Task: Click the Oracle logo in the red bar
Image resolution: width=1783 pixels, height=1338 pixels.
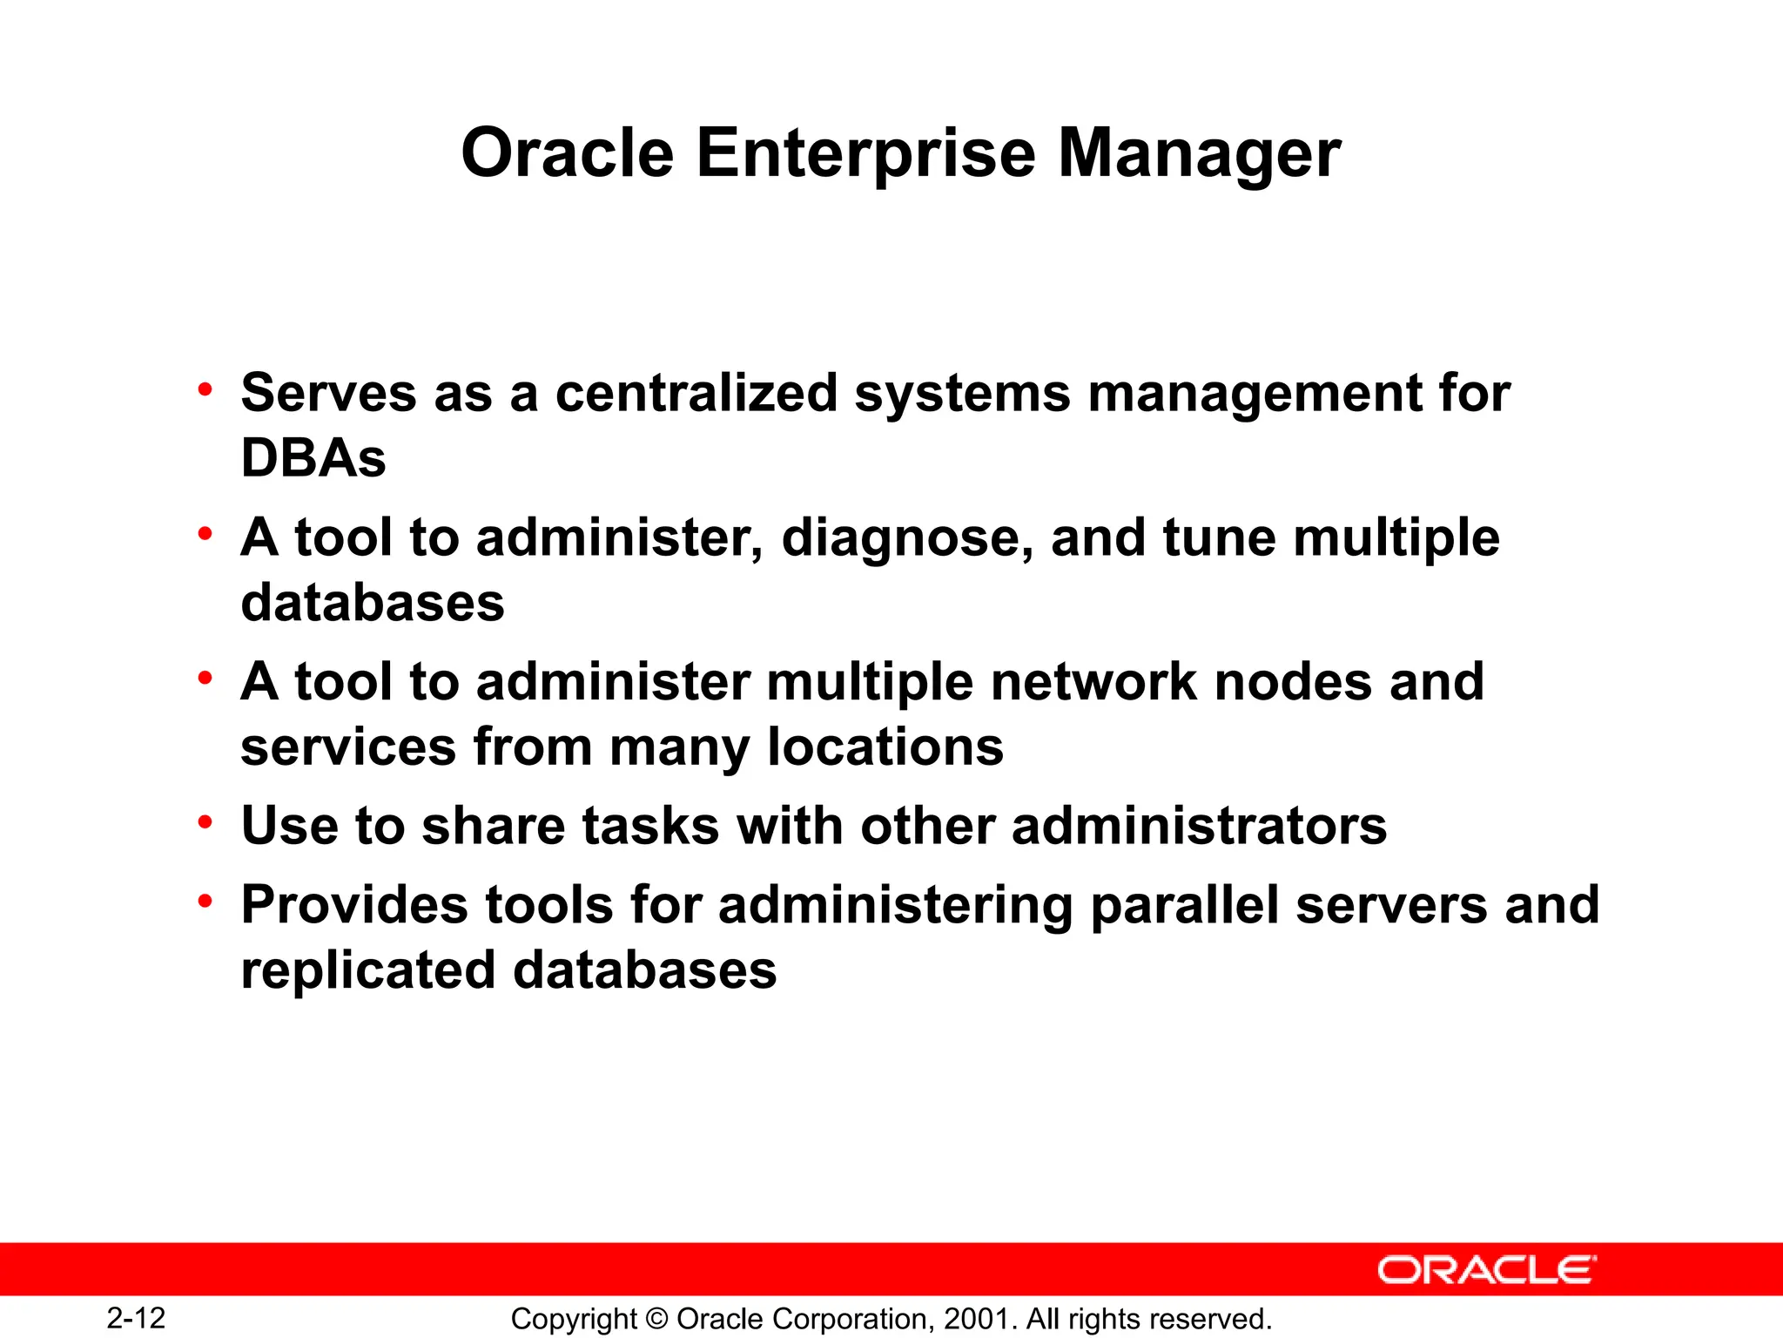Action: point(1487,1270)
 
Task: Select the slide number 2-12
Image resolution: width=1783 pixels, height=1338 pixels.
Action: point(136,1318)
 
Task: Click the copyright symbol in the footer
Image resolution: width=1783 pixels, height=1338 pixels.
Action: point(657,1319)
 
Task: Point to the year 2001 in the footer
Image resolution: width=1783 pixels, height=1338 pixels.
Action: point(979,1319)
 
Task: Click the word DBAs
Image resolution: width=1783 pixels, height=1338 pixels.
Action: point(313,458)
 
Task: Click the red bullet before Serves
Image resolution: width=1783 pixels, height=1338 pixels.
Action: point(205,389)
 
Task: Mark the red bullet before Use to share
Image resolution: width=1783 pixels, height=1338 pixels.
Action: point(205,822)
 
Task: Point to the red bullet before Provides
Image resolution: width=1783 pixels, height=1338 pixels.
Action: point(205,902)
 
